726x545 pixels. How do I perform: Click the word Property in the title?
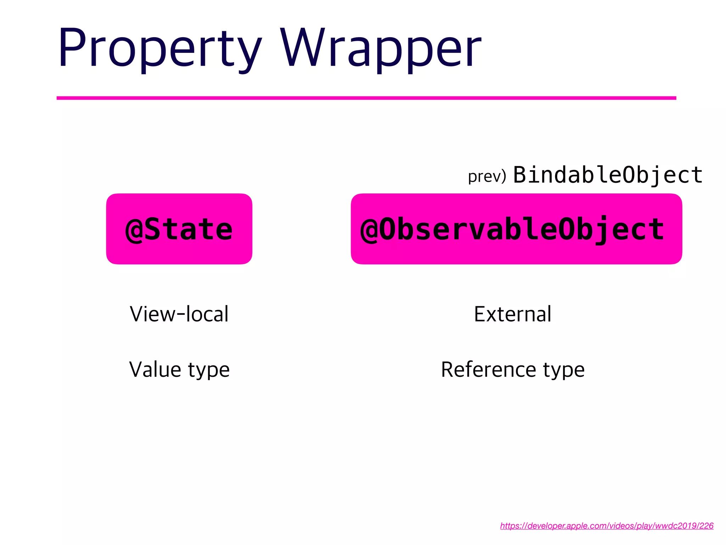(160, 48)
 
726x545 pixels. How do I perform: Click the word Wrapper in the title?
(381, 48)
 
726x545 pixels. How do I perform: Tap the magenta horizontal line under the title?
(366, 98)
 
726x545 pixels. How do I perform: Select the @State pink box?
(179, 229)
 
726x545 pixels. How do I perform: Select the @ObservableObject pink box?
(516, 229)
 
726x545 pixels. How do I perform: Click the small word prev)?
(487, 176)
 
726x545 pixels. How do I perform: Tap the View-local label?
(179, 314)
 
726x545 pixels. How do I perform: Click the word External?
(513, 314)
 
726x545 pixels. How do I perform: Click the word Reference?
(488, 369)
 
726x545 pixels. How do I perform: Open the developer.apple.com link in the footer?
(607, 525)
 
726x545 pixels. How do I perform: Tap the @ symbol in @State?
(134, 230)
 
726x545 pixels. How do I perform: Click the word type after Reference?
(564, 371)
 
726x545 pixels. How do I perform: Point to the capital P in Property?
(73, 48)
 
